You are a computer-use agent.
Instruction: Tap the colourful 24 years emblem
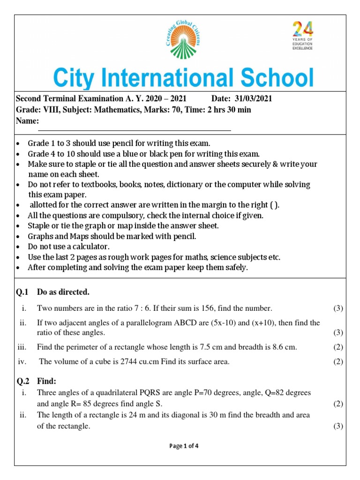302,35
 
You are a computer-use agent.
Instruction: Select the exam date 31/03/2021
255,99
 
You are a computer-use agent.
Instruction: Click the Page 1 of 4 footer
184,446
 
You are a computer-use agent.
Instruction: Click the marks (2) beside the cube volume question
338,361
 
